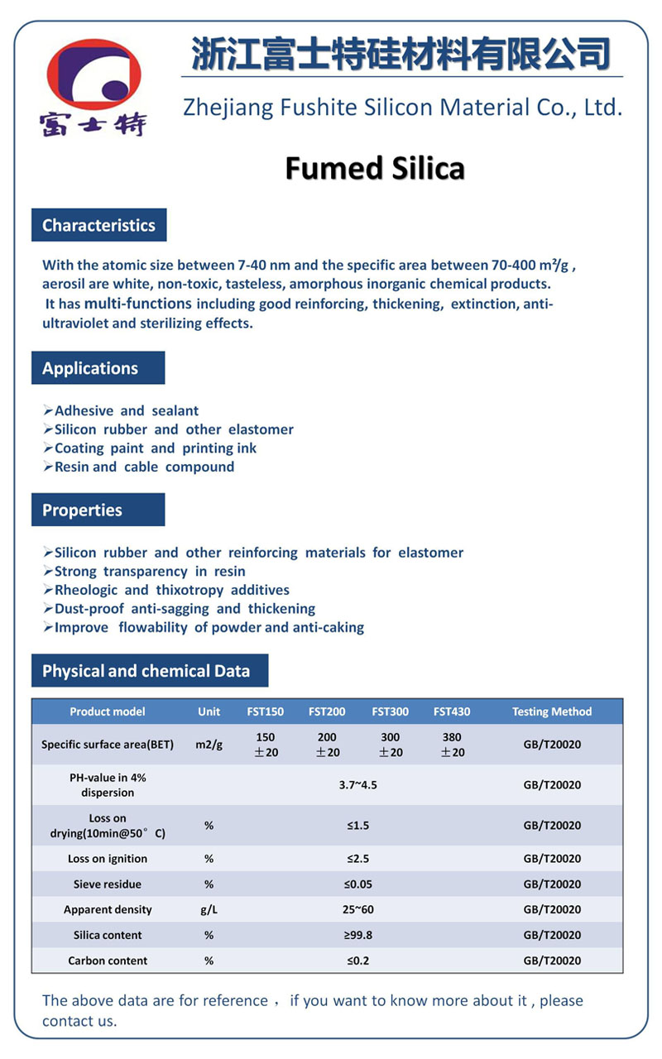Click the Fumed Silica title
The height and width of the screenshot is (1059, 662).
pyautogui.click(x=375, y=168)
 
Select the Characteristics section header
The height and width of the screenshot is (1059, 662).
pyautogui.click(x=98, y=225)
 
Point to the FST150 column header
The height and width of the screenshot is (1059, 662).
pyautogui.click(x=265, y=712)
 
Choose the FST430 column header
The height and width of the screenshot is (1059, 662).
pyautogui.click(x=452, y=712)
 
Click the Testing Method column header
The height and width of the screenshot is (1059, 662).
pyautogui.click(x=552, y=712)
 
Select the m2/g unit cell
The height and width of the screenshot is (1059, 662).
pyautogui.click(x=209, y=745)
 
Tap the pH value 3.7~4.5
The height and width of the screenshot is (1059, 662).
pyautogui.click(x=357, y=784)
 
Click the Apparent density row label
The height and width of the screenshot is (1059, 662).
pyautogui.click(x=108, y=909)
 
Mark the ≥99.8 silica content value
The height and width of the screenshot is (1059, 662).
pyautogui.click(x=357, y=935)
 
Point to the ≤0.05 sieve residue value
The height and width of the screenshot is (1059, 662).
pyautogui.click(x=357, y=884)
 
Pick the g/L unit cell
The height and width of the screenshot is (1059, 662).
pyautogui.click(x=209, y=909)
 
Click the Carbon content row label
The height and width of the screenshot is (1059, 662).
pyautogui.click(x=108, y=961)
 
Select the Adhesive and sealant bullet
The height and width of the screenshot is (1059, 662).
pyautogui.click(x=126, y=410)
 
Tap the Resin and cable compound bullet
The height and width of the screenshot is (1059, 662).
pyautogui.click(x=144, y=467)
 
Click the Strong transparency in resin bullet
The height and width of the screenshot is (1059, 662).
pyautogui.click(x=150, y=571)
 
